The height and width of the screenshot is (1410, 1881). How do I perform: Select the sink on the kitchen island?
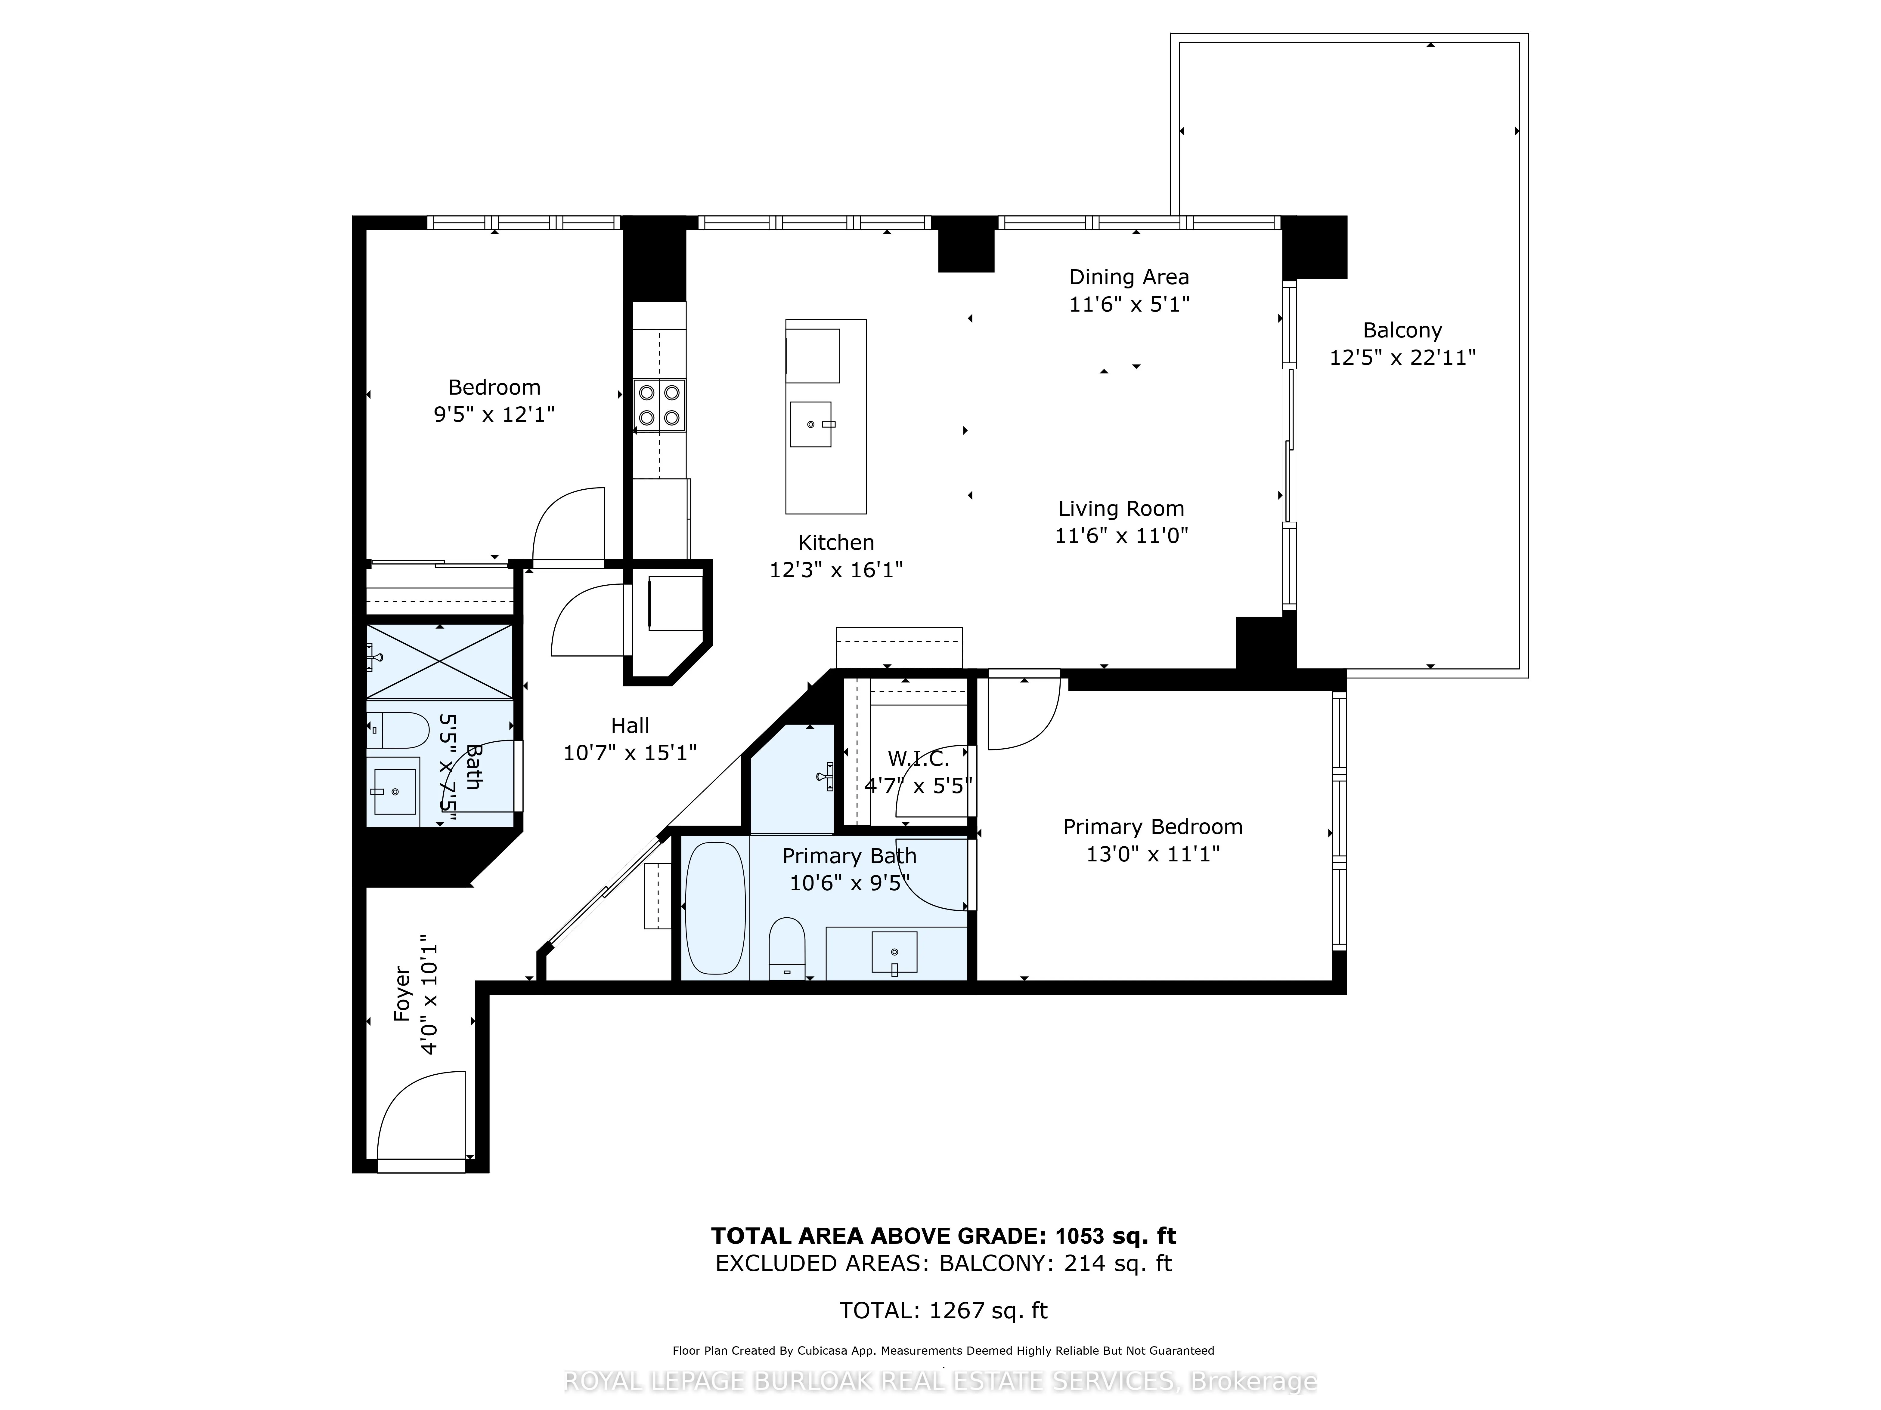810,424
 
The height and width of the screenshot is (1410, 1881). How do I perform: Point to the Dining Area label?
1128,277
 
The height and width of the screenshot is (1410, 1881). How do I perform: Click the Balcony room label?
1402,331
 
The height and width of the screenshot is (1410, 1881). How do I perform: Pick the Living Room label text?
1121,509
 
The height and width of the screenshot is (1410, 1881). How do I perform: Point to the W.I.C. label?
919,759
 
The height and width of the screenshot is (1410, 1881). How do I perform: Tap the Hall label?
630,726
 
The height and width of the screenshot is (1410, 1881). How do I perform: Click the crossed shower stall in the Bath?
440,662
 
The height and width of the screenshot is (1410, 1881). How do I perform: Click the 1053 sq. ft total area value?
1116,1236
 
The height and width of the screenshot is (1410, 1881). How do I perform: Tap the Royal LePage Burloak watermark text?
940,1381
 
